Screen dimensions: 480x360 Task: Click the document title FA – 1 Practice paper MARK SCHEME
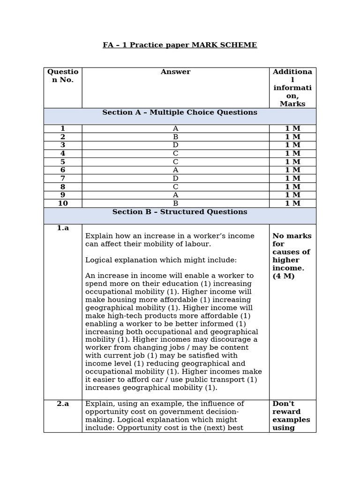click(x=180, y=45)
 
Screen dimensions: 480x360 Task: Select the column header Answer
click(x=175, y=72)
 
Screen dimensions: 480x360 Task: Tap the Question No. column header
click(x=63, y=75)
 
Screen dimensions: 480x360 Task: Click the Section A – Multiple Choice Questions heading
click(x=180, y=112)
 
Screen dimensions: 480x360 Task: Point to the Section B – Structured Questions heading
click(x=180, y=212)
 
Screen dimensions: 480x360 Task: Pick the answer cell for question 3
click(x=175, y=145)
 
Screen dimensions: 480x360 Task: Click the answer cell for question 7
click(x=175, y=178)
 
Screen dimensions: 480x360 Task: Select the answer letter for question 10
click(x=175, y=203)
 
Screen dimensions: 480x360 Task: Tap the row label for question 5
click(x=63, y=162)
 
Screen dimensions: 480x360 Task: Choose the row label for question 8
click(x=63, y=187)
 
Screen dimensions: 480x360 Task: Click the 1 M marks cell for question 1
click(x=292, y=128)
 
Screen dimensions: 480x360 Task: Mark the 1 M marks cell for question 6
click(x=292, y=170)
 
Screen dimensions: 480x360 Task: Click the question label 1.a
click(x=63, y=228)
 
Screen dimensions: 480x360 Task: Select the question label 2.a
click(x=63, y=404)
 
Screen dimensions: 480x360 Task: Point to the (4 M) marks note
click(x=284, y=276)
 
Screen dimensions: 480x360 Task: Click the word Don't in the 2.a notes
click(x=283, y=404)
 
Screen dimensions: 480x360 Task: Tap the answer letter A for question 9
click(x=175, y=195)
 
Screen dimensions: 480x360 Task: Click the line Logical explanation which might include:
click(x=161, y=260)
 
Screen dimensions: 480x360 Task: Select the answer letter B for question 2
click(x=175, y=137)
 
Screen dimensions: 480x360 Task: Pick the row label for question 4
click(x=63, y=153)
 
